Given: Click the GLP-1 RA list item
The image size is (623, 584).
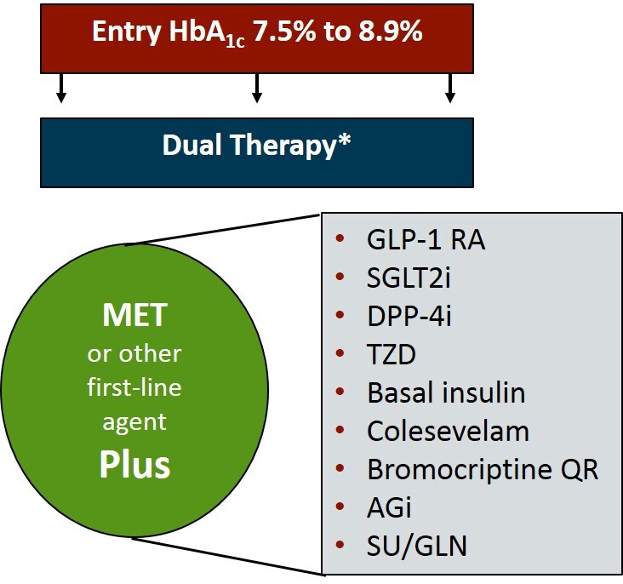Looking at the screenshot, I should coord(426,241).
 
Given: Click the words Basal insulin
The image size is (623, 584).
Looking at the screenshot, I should coord(446,393).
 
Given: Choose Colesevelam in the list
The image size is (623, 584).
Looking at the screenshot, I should coord(448,432).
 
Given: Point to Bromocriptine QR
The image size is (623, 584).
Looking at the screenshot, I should coord(483,469).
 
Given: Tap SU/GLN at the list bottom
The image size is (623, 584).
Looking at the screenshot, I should coord(416,546).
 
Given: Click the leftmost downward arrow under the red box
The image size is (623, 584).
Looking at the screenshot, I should coord(60,88).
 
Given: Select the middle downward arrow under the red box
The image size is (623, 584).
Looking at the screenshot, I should coord(256,88).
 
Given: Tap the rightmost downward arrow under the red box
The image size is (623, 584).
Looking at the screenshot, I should coord(451,88).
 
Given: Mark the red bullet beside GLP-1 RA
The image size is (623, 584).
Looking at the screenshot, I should coord(340,241).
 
